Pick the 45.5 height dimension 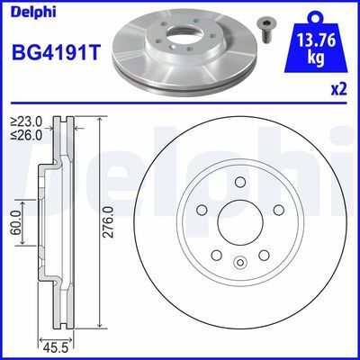(x=55, y=344)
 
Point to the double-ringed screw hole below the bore (x=240, y=264)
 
